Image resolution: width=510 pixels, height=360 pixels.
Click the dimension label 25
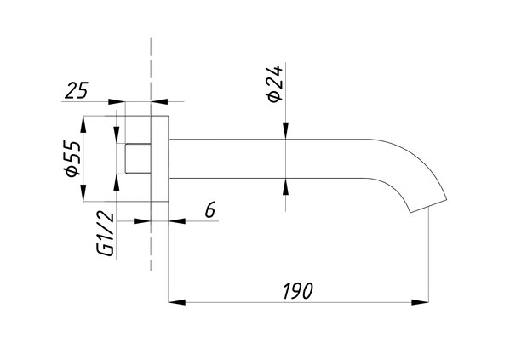(77, 90)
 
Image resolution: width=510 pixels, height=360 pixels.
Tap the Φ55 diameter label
(72, 158)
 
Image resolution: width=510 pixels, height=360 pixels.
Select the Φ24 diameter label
(275, 84)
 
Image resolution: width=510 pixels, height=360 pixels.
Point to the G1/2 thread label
(106, 234)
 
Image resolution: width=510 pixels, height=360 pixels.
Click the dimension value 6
(210, 209)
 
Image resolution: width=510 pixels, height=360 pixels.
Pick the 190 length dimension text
(298, 291)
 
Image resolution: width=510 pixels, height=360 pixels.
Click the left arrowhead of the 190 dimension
(177, 302)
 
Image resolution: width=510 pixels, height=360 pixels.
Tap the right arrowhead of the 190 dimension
(420, 302)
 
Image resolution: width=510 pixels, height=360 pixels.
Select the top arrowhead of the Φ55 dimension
(83, 124)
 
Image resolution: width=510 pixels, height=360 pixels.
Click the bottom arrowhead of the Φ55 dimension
(83, 193)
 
